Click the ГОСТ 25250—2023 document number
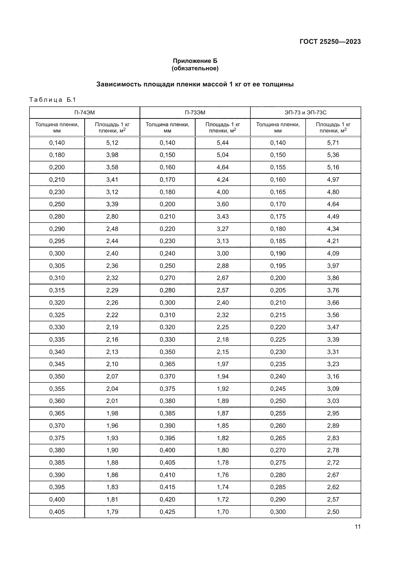[x=330, y=42]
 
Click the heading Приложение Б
[x=195, y=61]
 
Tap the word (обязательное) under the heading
[x=195, y=68]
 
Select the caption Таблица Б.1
[x=53, y=100]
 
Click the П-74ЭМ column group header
[x=85, y=112]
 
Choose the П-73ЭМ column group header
[x=195, y=112]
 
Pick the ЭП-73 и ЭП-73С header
[x=305, y=112]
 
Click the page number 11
[x=357, y=527]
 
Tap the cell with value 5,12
[x=112, y=143]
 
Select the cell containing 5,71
[x=333, y=143]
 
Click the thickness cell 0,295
[x=57, y=241]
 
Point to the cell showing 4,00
[x=222, y=192]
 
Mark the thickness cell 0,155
[x=278, y=167]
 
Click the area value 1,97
[x=222, y=364]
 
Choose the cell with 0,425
[x=167, y=512]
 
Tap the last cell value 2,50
[x=333, y=512]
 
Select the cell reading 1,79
[x=112, y=512]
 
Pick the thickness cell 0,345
[x=57, y=364]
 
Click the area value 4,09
[x=333, y=253]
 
